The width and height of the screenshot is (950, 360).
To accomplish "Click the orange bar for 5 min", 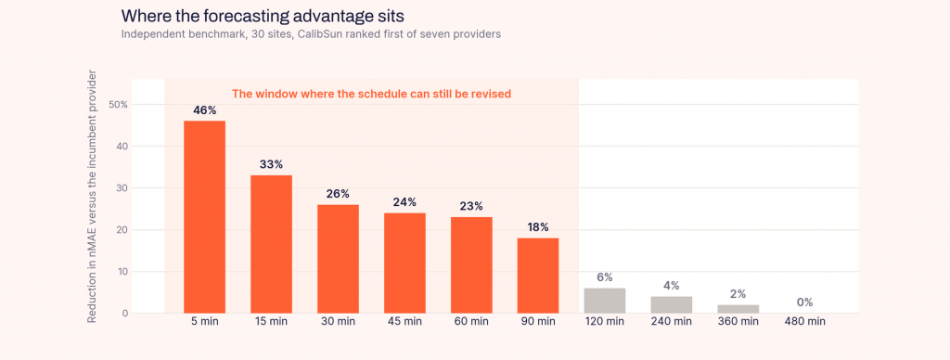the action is coord(204,217).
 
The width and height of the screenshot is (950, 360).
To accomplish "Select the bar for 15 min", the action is coord(271,244).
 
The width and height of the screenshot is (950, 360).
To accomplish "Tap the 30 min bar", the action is coord(338,259).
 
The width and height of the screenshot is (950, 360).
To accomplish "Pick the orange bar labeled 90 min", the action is coord(537,276).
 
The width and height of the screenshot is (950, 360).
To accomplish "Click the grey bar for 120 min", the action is coord(604,301).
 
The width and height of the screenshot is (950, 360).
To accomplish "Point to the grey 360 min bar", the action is coord(738,309).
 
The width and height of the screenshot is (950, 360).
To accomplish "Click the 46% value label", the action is coord(205,110).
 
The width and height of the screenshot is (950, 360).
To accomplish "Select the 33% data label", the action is coord(272,164).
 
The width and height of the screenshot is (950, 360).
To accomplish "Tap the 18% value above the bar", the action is coord(537,227).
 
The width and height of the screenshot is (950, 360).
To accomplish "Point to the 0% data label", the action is coord(804,302).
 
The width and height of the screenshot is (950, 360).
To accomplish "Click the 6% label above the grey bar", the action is coord(605,277).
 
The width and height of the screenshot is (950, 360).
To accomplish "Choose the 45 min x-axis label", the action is coord(404,322).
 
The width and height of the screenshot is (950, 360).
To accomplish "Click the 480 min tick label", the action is coord(804,322).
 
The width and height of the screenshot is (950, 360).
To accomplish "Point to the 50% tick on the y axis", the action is coord(118,104).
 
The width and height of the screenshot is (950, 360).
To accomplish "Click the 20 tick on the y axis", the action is coord(122,230).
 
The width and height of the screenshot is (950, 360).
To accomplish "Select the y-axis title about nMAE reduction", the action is coord(92,197).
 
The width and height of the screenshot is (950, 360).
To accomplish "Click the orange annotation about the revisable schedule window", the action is coord(372,94).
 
